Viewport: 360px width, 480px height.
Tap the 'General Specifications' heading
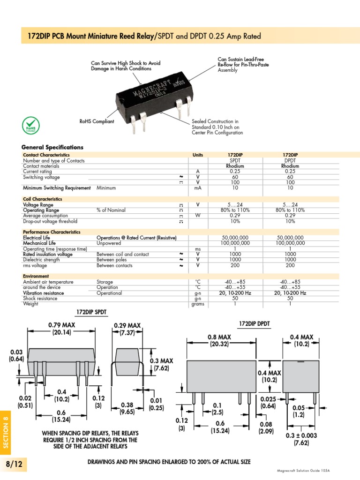(53, 147)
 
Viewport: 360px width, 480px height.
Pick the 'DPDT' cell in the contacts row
(290, 160)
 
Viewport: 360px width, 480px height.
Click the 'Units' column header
(198, 155)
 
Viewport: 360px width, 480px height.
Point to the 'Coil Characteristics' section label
(43, 199)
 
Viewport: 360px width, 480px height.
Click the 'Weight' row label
(30, 304)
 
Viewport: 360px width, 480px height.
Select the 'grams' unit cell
(198, 304)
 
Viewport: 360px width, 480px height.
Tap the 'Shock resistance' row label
(40, 299)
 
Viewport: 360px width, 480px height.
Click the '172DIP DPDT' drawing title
(255, 324)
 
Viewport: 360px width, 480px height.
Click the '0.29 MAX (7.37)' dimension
(127, 329)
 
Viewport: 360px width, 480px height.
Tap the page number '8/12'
(14, 464)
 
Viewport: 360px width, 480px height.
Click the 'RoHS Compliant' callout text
(97, 121)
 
